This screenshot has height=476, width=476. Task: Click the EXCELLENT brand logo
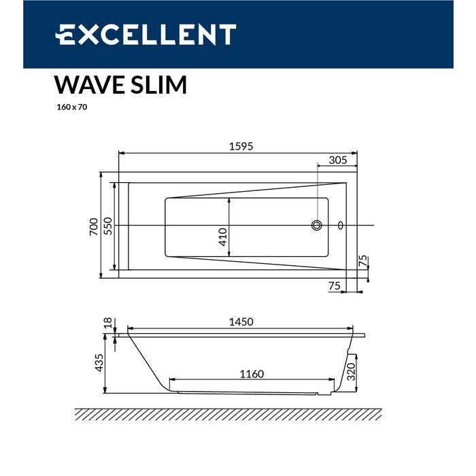[x=146, y=34]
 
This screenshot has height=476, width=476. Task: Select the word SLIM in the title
[x=158, y=85]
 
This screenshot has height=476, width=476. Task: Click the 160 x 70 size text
[x=72, y=107]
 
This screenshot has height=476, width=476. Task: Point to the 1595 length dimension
[x=241, y=146]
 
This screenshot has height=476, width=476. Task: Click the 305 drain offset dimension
[x=338, y=160]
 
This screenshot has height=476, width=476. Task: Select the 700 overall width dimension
[x=94, y=226]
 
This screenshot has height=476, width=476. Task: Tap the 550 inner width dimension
[x=108, y=226]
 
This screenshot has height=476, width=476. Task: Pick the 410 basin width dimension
[x=223, y=237]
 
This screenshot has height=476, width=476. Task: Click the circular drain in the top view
[x=317, y=225]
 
